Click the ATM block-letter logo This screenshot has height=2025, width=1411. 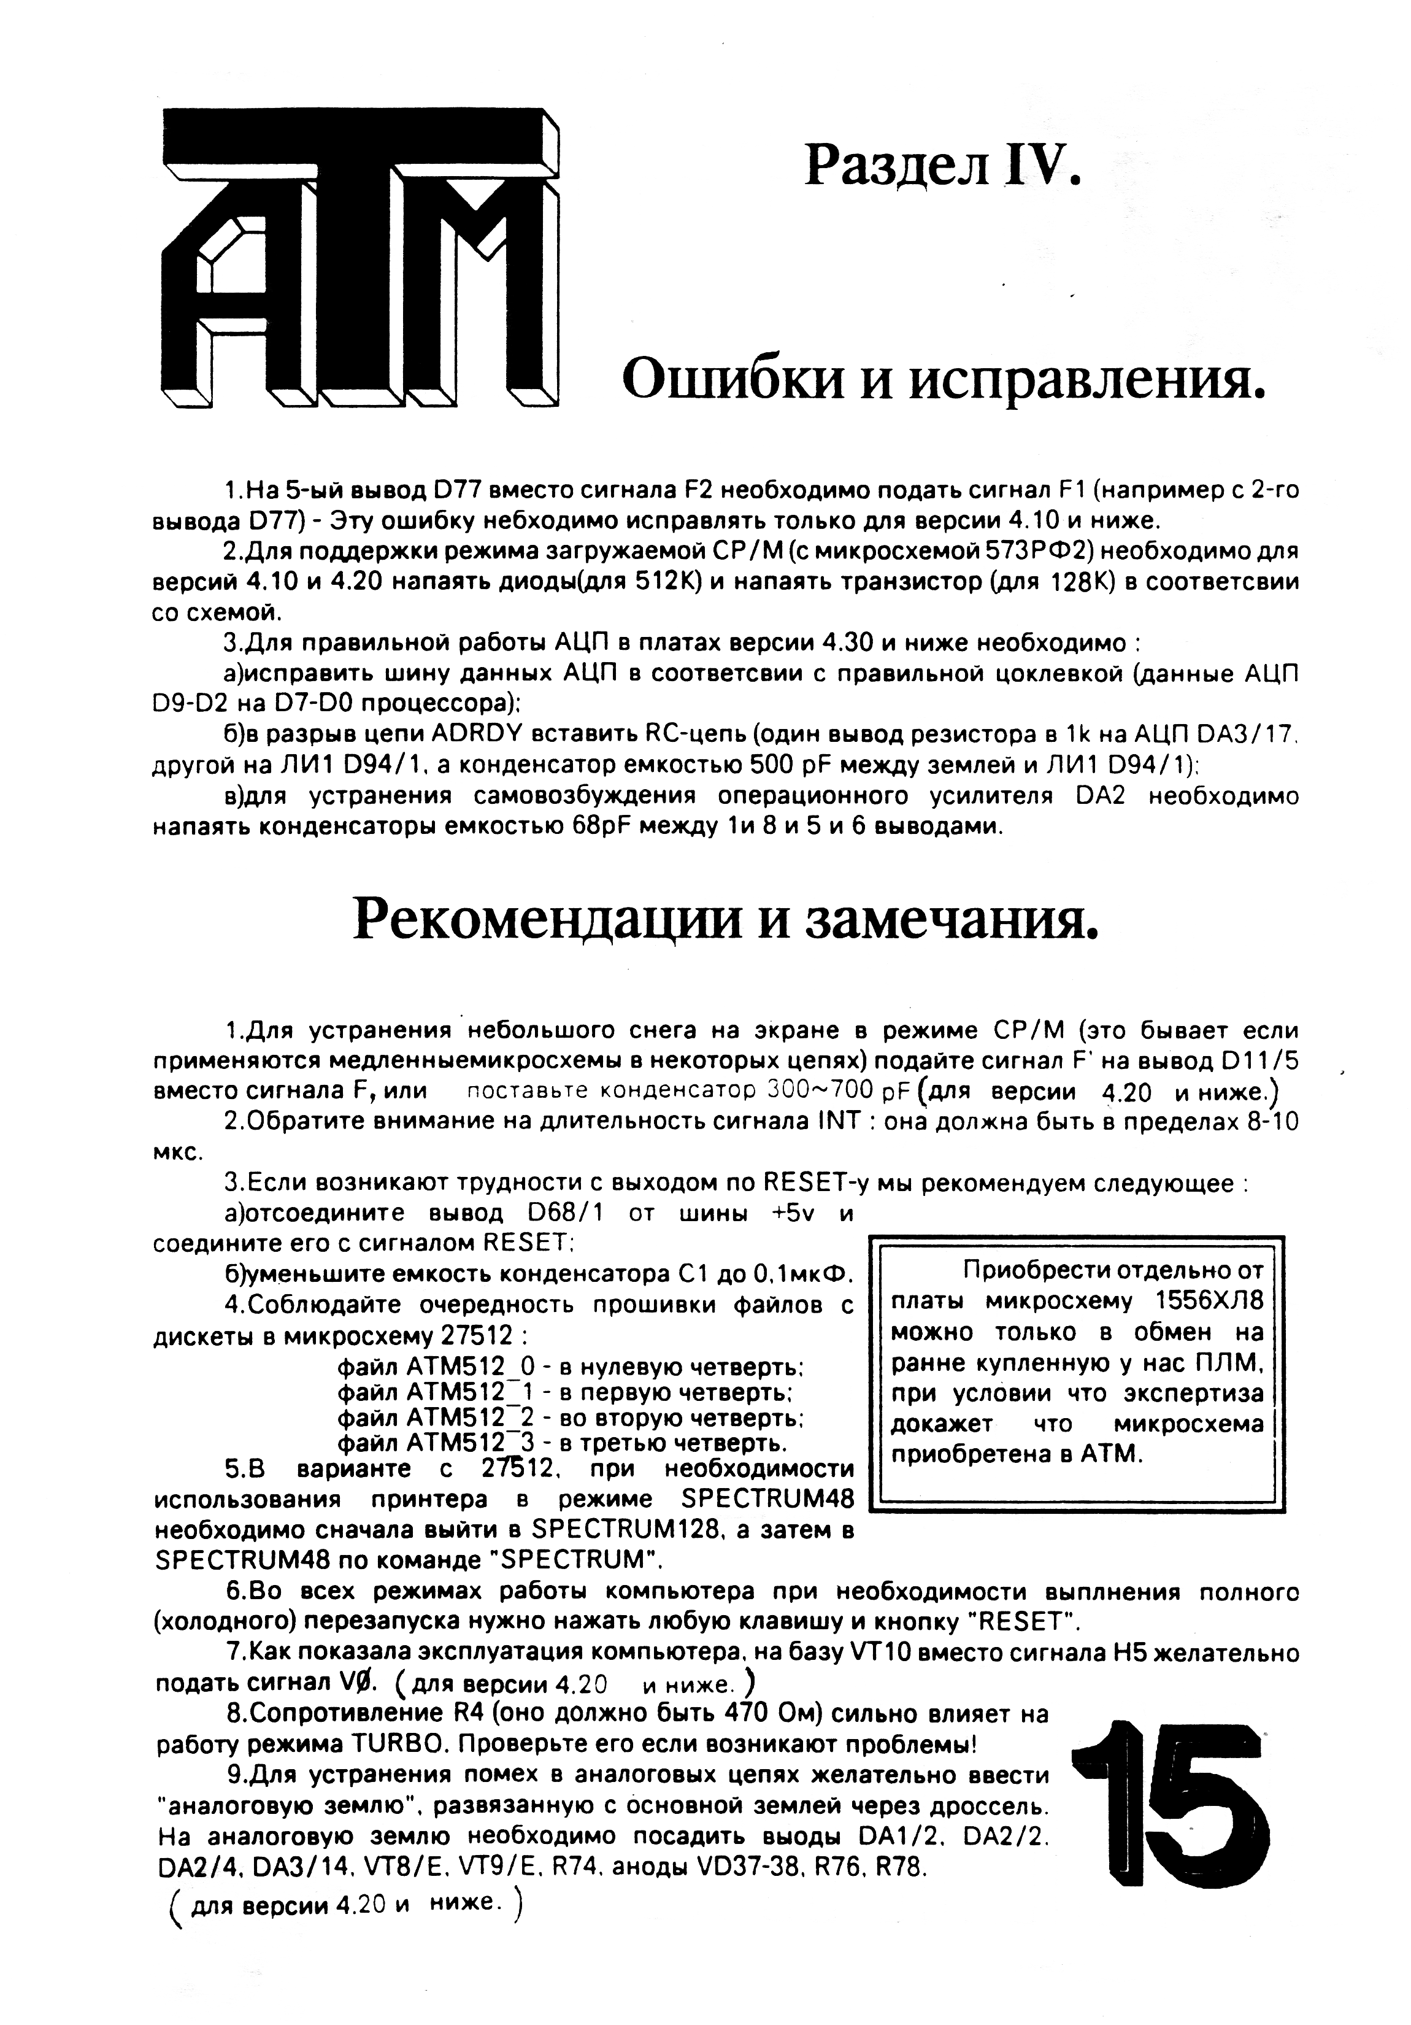(359, 258)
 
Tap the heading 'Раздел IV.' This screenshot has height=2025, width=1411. (941, 165)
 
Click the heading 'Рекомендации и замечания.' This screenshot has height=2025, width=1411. (726, 919)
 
